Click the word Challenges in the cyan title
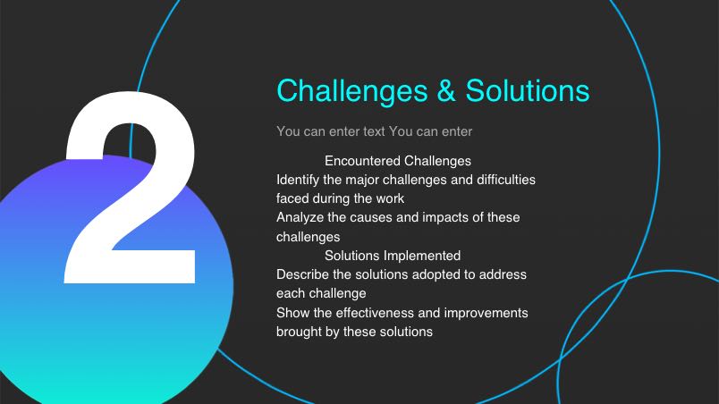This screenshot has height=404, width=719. click(352, 90)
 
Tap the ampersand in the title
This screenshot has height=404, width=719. click(446, 90)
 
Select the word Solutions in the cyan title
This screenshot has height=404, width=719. click(528, 90)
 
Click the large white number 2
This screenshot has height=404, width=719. click(131, 188)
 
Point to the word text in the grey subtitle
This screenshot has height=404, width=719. click(374, 131)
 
